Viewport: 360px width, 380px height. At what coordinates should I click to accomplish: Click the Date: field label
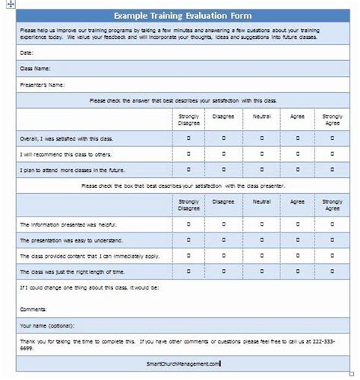(27, 53)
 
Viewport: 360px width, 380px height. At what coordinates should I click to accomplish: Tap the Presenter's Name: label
(43, 84)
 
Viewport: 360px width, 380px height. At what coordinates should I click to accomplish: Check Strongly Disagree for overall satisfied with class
(188, 138)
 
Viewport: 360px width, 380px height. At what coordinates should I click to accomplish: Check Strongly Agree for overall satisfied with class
(332, 138)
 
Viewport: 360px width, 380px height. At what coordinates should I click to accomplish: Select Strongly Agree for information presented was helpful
(332, 224)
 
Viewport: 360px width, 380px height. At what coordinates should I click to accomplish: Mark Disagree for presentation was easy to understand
(224, 240)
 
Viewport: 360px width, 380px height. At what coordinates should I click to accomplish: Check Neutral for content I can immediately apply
(261, 255)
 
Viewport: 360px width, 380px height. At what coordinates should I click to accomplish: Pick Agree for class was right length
(298, 271)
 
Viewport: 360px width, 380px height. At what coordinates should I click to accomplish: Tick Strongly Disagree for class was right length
(188, 271)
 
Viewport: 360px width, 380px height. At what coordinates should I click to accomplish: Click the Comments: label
(33, 309)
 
